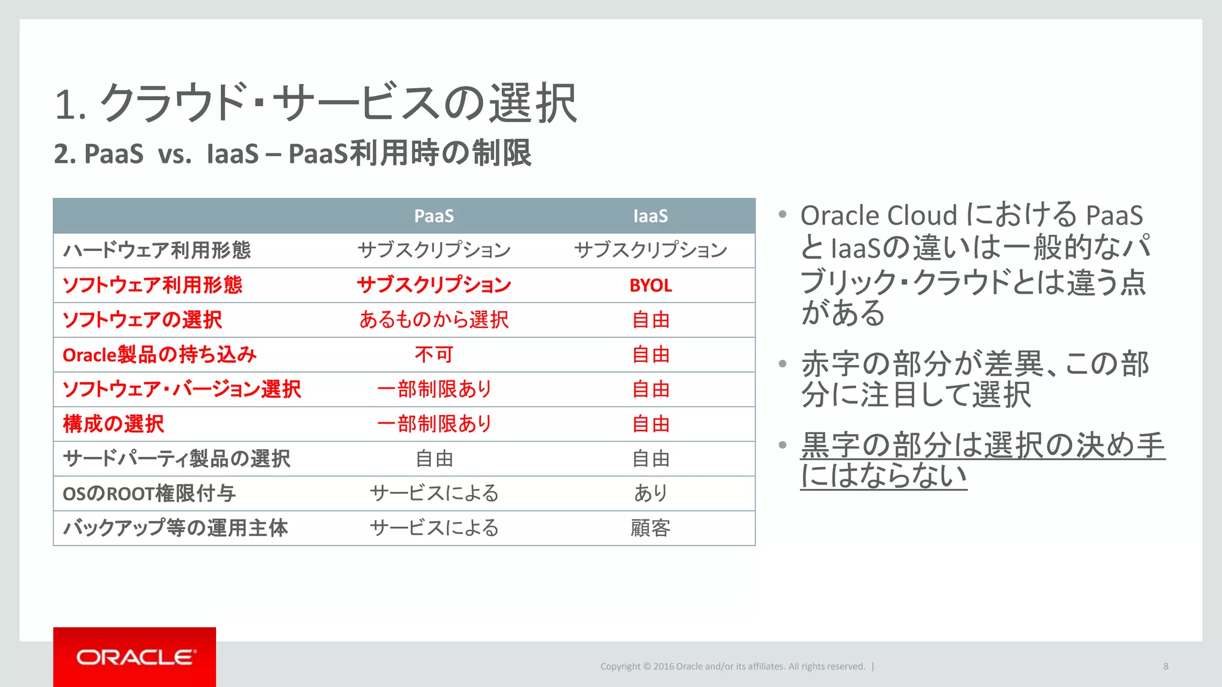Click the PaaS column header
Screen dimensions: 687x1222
tap(434, 216)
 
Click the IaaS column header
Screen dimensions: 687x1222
tap(650, 216)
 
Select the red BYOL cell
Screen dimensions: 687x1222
tap(650, 286)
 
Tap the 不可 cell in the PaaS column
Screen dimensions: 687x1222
tap(434, 355)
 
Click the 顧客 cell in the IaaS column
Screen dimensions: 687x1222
tap(650, 528)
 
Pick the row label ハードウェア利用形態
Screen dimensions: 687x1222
tap(157, 250)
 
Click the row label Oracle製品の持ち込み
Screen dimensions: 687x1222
tap(159, 355)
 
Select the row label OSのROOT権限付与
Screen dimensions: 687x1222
tap(149, 494)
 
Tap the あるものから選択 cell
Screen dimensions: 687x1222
tap(434, 320)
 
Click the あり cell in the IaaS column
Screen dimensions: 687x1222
tap(650, 493)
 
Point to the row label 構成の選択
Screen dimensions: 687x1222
tap(113, 424)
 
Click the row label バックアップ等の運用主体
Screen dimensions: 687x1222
tap(175, 528)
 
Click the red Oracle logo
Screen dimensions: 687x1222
tap(135, 657)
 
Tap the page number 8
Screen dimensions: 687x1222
tap(1165, 667)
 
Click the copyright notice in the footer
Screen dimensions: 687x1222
tap(732, 667)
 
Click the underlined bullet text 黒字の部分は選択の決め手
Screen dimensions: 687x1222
tap(982, 445)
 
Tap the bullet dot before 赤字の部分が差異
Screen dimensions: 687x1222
tap(783, 364)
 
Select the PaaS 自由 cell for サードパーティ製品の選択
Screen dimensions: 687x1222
tap(434, 459)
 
